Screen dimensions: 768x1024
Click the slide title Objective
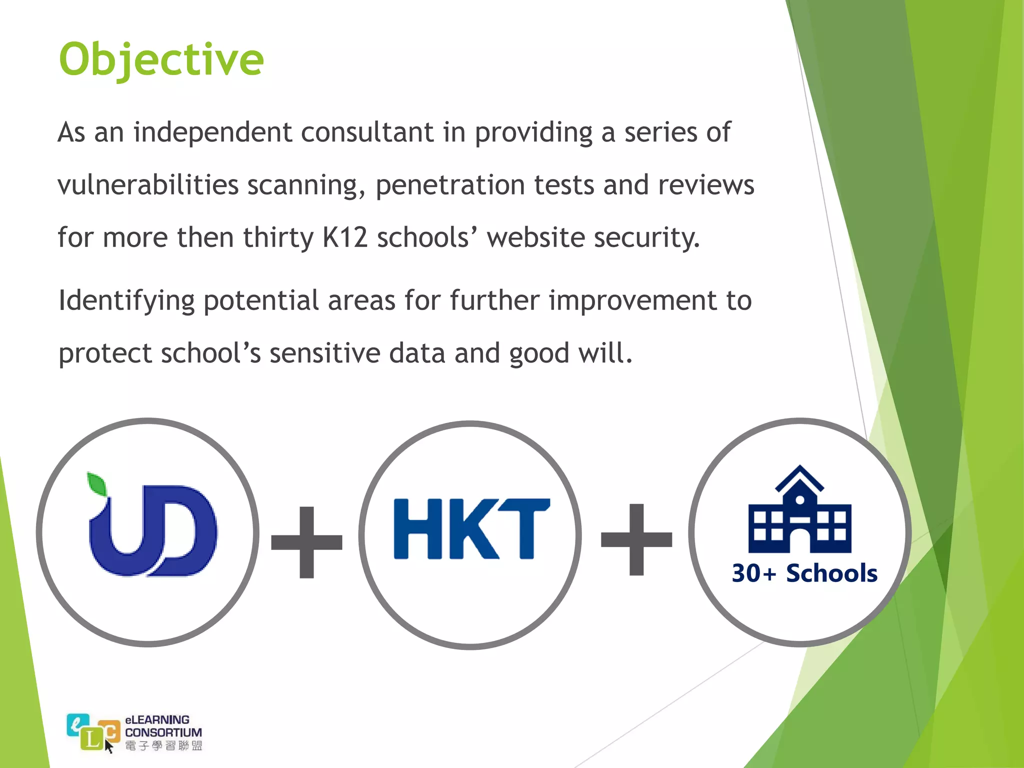click(161, 60)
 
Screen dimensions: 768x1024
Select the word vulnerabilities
click(148, 185)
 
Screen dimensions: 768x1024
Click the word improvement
click(633, 300)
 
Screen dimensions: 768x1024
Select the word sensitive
click(325, 353)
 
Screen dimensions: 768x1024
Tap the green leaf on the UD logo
click(97, 484)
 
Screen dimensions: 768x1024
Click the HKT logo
click(471, 529)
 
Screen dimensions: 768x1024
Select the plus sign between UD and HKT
click(306, 542)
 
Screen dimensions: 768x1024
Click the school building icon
click(799, 510)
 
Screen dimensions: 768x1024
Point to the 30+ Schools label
click(804, 573)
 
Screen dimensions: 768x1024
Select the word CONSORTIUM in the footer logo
click(163, 732)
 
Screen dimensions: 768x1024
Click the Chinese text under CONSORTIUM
click(163, 745)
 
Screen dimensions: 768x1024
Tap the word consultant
click(367, 133)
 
